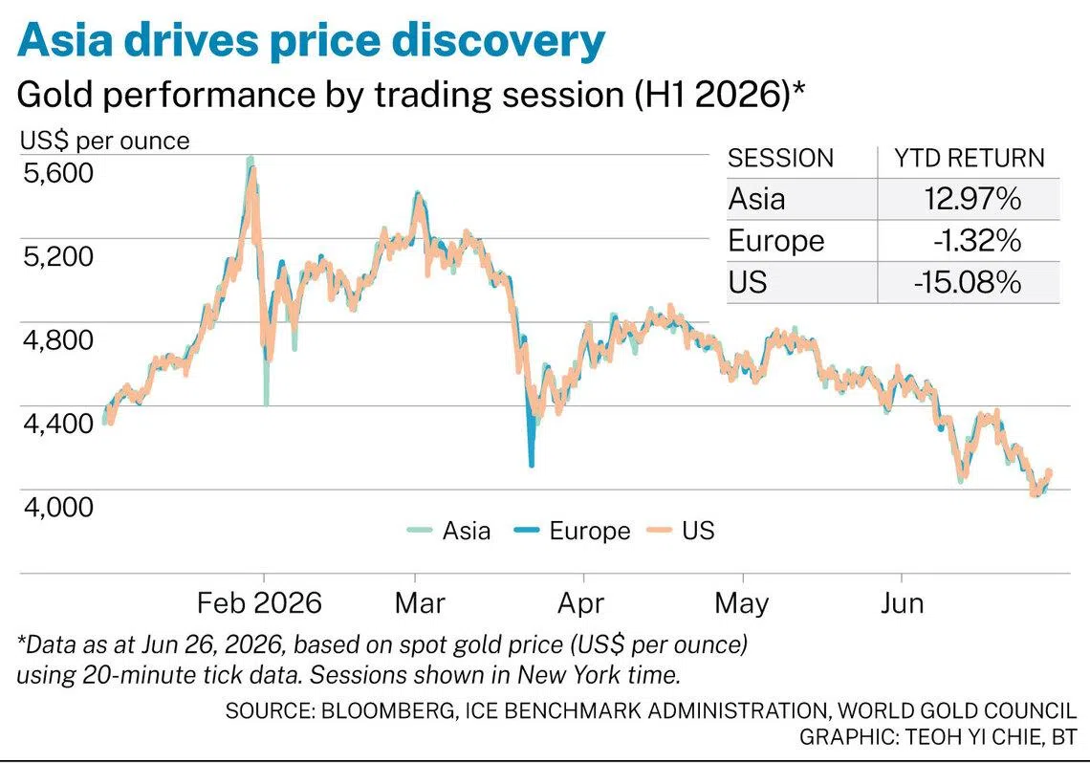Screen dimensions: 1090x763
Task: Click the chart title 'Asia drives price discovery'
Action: (311, 41)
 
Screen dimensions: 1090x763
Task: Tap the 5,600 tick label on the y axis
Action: (58, 172)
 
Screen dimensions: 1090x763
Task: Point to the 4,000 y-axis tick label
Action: (58, 506)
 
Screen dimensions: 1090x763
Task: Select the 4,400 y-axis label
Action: (58, 423)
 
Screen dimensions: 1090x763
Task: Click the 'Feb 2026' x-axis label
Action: (259, 602)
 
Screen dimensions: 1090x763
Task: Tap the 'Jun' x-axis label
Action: (903, 602)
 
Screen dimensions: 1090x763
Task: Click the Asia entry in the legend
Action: (449, 531)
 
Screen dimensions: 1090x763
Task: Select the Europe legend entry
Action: (572, 531)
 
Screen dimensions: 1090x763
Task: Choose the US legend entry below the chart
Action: (681, 531)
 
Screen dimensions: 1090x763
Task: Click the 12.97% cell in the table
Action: (971, 200)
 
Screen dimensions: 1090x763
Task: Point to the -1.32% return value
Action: (976, 241)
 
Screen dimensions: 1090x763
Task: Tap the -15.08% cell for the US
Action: (967, 283)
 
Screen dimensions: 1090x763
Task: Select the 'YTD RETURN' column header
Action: (969, 159)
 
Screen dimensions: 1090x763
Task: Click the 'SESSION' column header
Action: (780, 159)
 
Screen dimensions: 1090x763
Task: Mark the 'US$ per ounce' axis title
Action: (104, 142)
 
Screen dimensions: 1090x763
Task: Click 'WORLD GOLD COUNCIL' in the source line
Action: (956, 710)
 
